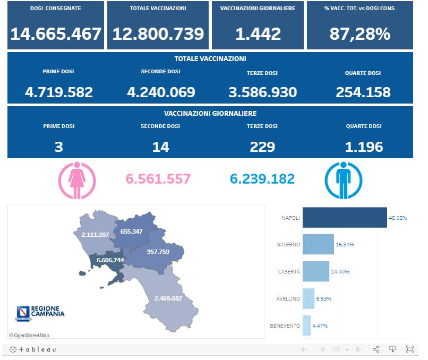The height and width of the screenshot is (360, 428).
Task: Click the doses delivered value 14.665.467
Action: click(56, 34)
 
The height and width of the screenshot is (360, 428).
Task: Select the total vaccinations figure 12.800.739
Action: click(158, 34)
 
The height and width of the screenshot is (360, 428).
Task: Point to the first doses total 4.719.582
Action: click(59, 92)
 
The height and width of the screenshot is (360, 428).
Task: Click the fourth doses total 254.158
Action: click(363, 92)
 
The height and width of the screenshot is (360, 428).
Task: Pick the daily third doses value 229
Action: click(262, 147)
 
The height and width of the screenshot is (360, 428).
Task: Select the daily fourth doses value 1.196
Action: click(363, 147)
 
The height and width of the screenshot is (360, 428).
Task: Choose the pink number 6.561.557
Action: click(158, 179)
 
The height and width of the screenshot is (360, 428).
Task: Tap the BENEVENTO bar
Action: click(306, 325)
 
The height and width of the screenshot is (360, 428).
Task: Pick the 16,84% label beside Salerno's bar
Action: click(345, 245)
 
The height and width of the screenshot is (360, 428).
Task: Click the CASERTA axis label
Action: click(289, 271)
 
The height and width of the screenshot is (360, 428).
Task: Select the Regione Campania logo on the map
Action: click(40, 313)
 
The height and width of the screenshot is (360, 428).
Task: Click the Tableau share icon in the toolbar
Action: click(376, 349)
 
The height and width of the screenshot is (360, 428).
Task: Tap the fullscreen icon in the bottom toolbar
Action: click(410, 349)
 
